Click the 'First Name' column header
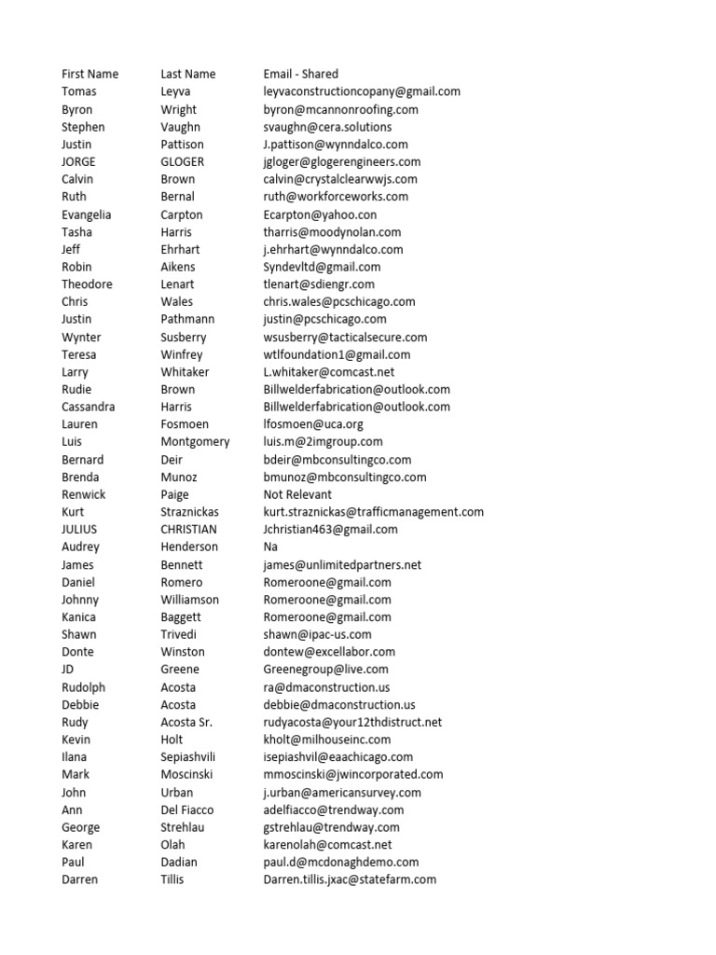[90, 74]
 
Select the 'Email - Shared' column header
[300, 74]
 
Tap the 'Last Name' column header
[187, 74]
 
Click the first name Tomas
[79, 91]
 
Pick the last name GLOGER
[182, 161]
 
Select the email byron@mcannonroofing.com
[340, 109]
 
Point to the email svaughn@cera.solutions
[327, 127]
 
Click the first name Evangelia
[86, 215]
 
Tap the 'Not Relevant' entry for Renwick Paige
[297, 494]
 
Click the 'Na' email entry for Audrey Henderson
[271, 547]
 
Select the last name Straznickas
[193, 512]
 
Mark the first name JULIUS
[80, 529]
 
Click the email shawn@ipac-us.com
[317, 634]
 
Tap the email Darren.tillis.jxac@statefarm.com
[350, 879]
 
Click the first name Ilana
[76, 757]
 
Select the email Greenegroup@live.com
[325, 669]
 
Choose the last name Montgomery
[195, 441]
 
